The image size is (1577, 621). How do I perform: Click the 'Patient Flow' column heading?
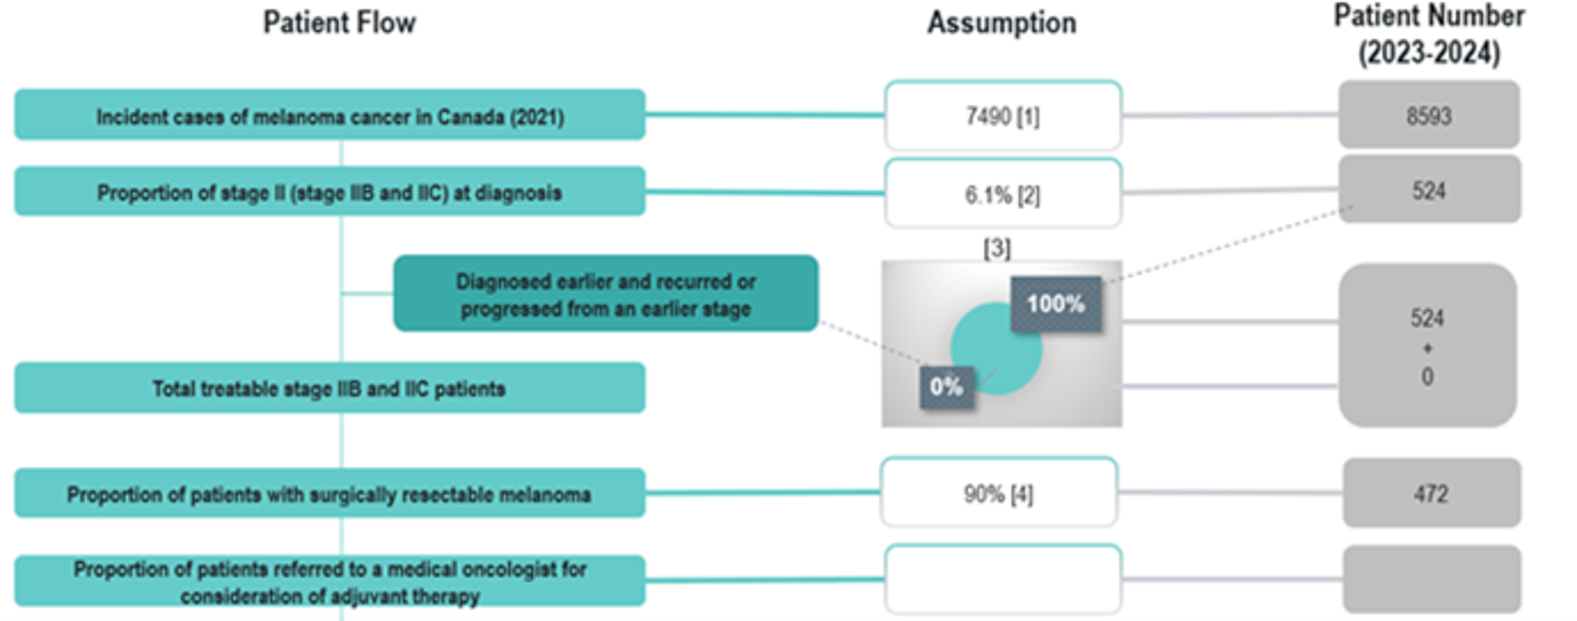[340, 23]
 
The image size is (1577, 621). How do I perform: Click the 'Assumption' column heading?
[1002, 23]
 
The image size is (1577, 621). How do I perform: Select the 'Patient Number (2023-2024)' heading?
[1429, 35]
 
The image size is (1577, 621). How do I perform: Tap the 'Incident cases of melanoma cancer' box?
[329, 116]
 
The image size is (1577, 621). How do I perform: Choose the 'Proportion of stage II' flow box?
[329, 192]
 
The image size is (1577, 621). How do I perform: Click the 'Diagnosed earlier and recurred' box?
[606, 294]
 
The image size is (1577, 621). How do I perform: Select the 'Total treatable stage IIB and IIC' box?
[329, 388]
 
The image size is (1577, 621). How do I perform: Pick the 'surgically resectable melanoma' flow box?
[329, 494]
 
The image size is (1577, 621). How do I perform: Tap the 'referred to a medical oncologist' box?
[329, 582]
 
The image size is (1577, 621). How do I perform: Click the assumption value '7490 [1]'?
[1002, 116]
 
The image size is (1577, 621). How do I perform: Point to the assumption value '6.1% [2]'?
[1002, 194]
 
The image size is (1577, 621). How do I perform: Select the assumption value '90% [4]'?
[998, 494]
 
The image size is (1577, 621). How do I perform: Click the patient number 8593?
[1429, 116]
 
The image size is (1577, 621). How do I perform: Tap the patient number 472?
[1430, 494]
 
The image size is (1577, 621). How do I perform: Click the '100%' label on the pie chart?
[1056, 304]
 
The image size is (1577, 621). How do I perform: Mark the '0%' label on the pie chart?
[946, 387]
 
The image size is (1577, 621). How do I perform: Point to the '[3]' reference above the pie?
[997, 248]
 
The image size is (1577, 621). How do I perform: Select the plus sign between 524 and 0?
[1427, 348]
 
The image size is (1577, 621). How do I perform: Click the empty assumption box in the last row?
[1002, 580]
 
